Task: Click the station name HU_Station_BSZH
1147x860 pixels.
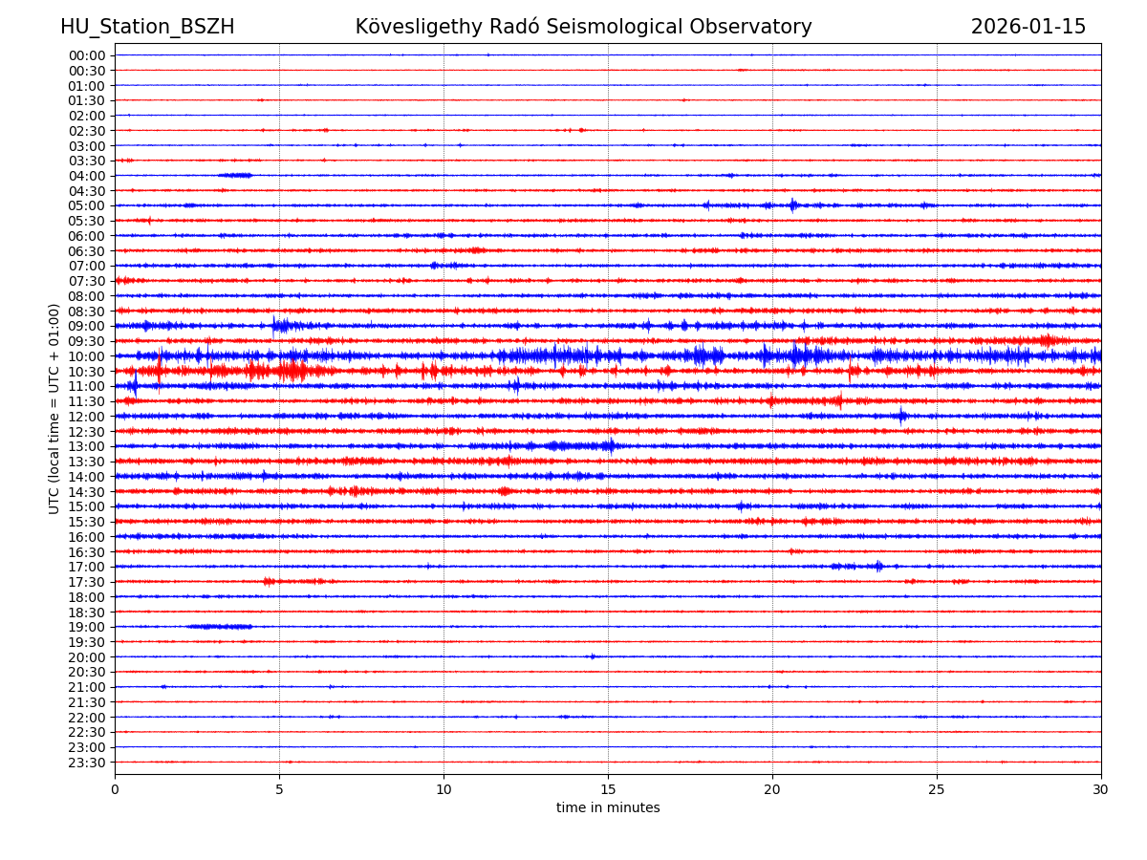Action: (147, 28)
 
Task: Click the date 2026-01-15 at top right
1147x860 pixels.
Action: (1028, 28)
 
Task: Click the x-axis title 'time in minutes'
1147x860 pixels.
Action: (608, 808)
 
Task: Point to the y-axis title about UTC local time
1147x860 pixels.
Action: (54, 409)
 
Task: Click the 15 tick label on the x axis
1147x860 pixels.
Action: (608, 790)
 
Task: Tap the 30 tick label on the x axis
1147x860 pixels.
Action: (1101, 790)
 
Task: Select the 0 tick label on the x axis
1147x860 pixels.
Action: (115, 790)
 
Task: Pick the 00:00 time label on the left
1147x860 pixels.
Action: (87, 55)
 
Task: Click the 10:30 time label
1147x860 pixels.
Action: (87, 372)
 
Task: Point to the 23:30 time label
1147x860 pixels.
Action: (87, 763)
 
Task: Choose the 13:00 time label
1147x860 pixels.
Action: (87, 446)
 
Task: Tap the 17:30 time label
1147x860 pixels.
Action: (87, 582)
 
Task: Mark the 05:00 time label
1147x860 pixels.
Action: (87, 205)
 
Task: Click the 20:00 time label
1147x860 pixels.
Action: (87, 657)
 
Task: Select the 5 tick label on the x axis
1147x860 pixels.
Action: (279, 790)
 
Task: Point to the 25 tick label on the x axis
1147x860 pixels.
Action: (937, 790)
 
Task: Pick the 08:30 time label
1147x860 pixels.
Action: (87, 312)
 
